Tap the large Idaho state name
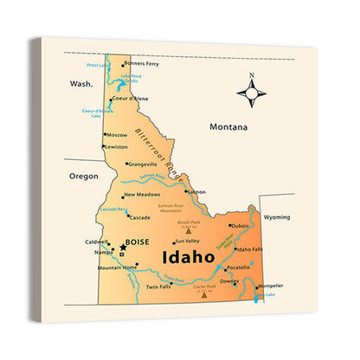(188, 257)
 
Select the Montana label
(228, 127)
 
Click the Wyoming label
(277, 217)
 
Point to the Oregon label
(84, 175)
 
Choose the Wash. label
(81, 84)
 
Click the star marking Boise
(123, 247)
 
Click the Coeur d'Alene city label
(130, 99)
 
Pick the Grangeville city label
(142, 164)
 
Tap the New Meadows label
(142, 195)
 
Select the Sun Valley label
(187, 241)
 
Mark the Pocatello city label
(239, 268)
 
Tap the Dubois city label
(240, 226)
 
